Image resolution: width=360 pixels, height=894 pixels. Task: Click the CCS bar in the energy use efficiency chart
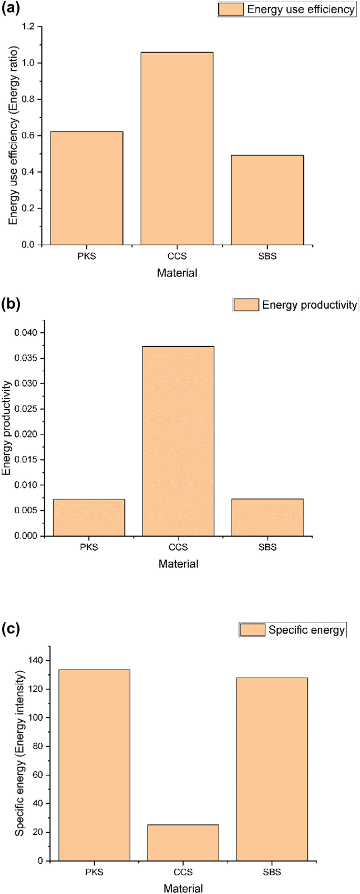tap(177, 149)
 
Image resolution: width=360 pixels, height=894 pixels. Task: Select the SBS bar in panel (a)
tap(267, 200)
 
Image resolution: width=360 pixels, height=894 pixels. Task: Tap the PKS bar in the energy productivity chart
tap(89, 517)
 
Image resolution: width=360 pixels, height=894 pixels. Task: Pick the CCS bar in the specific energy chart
tap(183, 843)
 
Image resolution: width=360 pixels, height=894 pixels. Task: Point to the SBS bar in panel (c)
tap(272, 769)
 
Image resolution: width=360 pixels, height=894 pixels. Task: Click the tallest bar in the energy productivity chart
tap(178, 441)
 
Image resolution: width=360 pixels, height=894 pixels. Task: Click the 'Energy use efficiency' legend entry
tap(287, 9)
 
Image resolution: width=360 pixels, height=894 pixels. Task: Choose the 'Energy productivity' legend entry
tap(296, 305)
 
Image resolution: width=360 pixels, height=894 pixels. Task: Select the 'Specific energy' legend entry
tap(293, 630)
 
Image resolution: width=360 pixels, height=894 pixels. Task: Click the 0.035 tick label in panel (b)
tap(26, 358)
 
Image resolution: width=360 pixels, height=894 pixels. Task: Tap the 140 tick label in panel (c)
tap(36, 660)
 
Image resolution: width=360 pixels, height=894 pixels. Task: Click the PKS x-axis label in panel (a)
tap(87, 257)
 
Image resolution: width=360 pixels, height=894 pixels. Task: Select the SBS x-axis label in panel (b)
tap(267, 547)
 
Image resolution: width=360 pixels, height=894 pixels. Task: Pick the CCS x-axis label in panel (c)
tap(183, 872)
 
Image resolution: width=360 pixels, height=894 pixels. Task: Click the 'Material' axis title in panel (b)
tap(178, 564)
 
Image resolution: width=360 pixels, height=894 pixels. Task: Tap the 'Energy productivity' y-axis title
tap(7, 428)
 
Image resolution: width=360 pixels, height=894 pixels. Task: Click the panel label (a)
tap(11, 9)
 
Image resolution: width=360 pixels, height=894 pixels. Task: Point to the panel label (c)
tap(11, 628)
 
